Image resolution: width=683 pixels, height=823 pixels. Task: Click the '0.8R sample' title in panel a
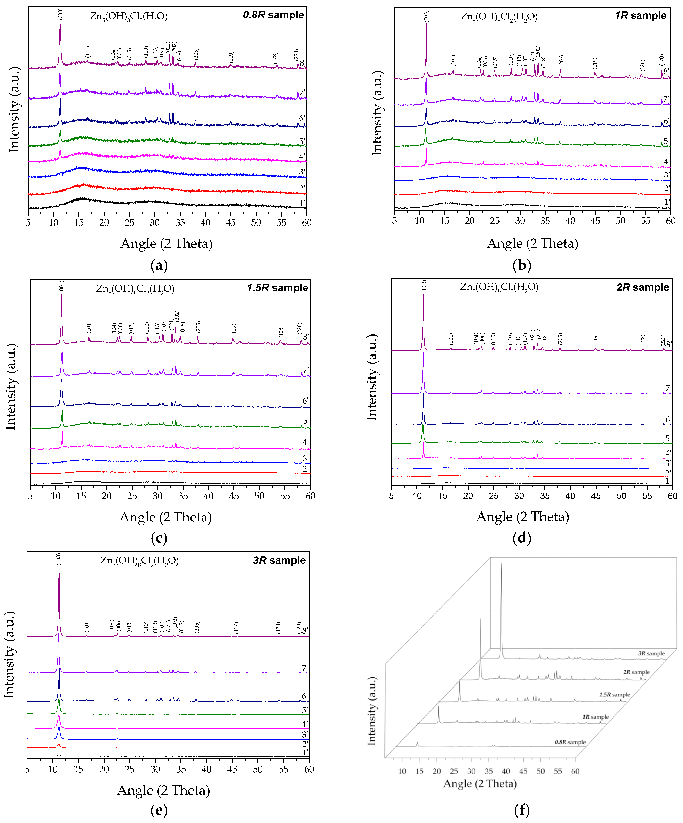coord(273,15)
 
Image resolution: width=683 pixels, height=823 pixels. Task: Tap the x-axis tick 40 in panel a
coord(205,223)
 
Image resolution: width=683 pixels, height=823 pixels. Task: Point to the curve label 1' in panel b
coord(667,202)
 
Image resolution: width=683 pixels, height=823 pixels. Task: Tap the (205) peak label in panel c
coord(198,327)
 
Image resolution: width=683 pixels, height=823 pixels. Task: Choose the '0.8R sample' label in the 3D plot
coord(570,742)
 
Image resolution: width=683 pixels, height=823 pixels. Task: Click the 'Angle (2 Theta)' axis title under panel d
coord(522,517)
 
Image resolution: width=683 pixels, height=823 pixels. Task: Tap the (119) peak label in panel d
coord(595,339)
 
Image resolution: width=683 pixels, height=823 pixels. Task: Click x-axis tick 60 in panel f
coord(575,771)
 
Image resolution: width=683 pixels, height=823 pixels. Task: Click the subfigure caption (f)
coord(522,810)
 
